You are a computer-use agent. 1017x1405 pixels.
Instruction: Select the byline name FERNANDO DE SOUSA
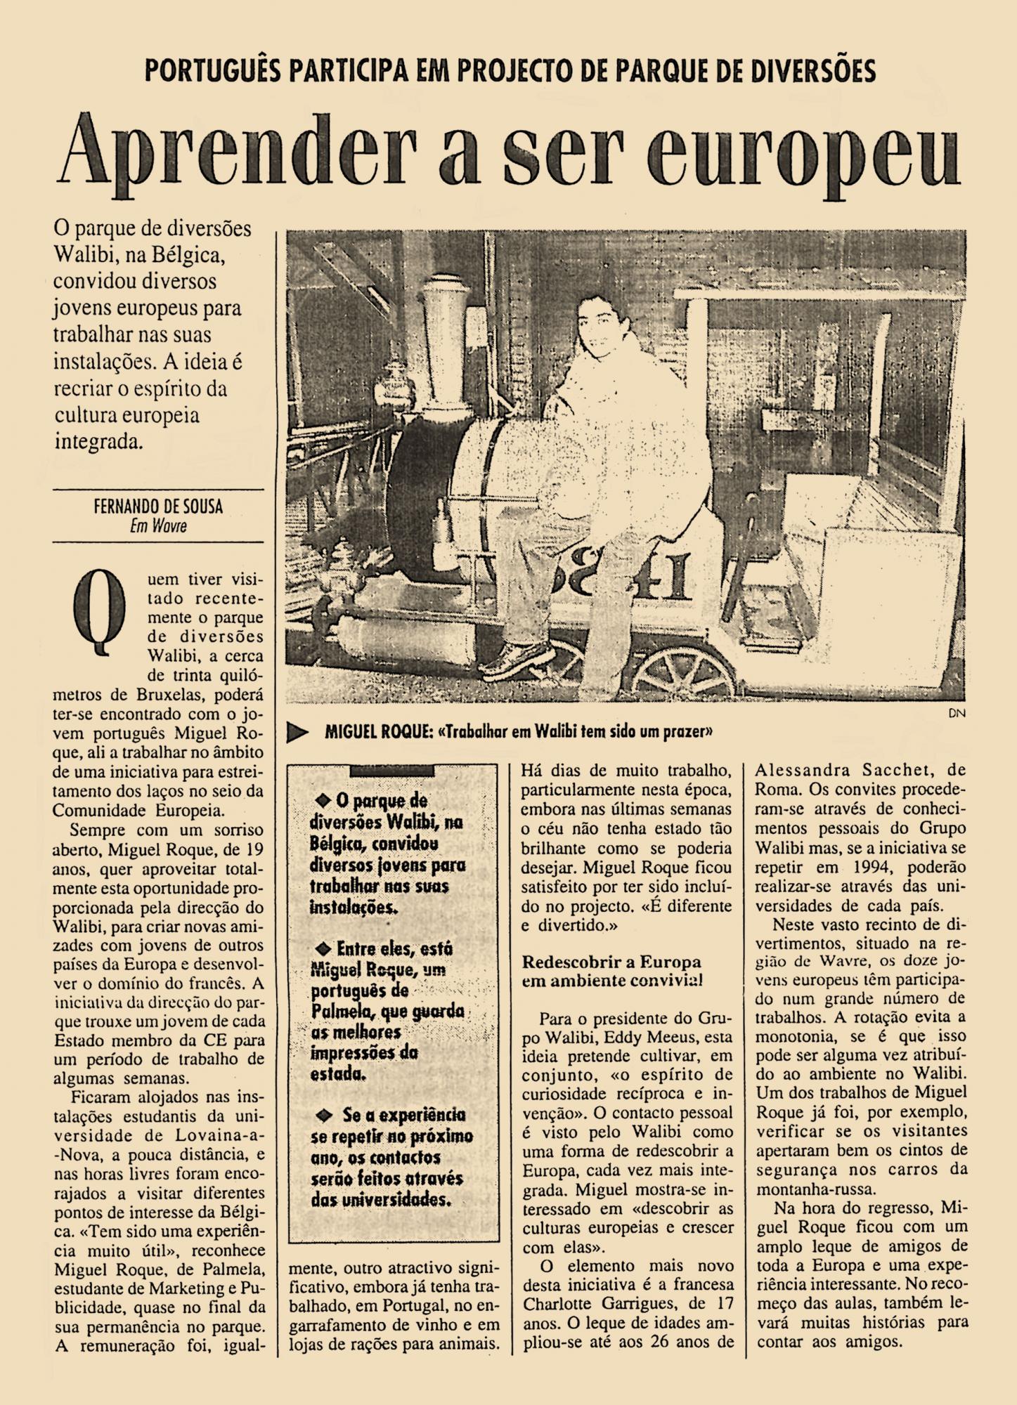coord(158,507)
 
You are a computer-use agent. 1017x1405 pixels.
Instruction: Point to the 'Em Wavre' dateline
coord(158,525)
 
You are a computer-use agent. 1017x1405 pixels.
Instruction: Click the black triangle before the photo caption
coord(298,732)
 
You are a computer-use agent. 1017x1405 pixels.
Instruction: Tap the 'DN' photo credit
coord(957,713)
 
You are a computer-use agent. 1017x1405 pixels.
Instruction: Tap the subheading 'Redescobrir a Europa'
coord(611,962)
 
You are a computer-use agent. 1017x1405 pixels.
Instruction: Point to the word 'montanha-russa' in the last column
coord(807,1189)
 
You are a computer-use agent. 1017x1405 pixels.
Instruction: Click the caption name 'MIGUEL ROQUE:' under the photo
coord(378,732)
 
